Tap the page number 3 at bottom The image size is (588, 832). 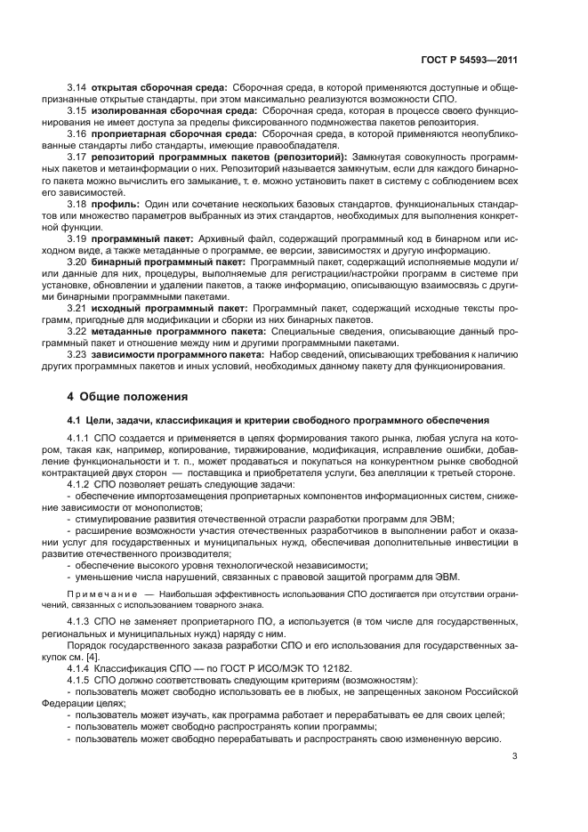[514, 757]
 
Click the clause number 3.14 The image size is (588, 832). [77, 87]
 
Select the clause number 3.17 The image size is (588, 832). [77, 157]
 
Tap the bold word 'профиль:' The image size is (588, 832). [115, 203]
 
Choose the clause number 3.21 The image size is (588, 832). [77, 308]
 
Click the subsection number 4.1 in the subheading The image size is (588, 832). [75, 418]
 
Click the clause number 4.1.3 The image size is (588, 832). [80, 621]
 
